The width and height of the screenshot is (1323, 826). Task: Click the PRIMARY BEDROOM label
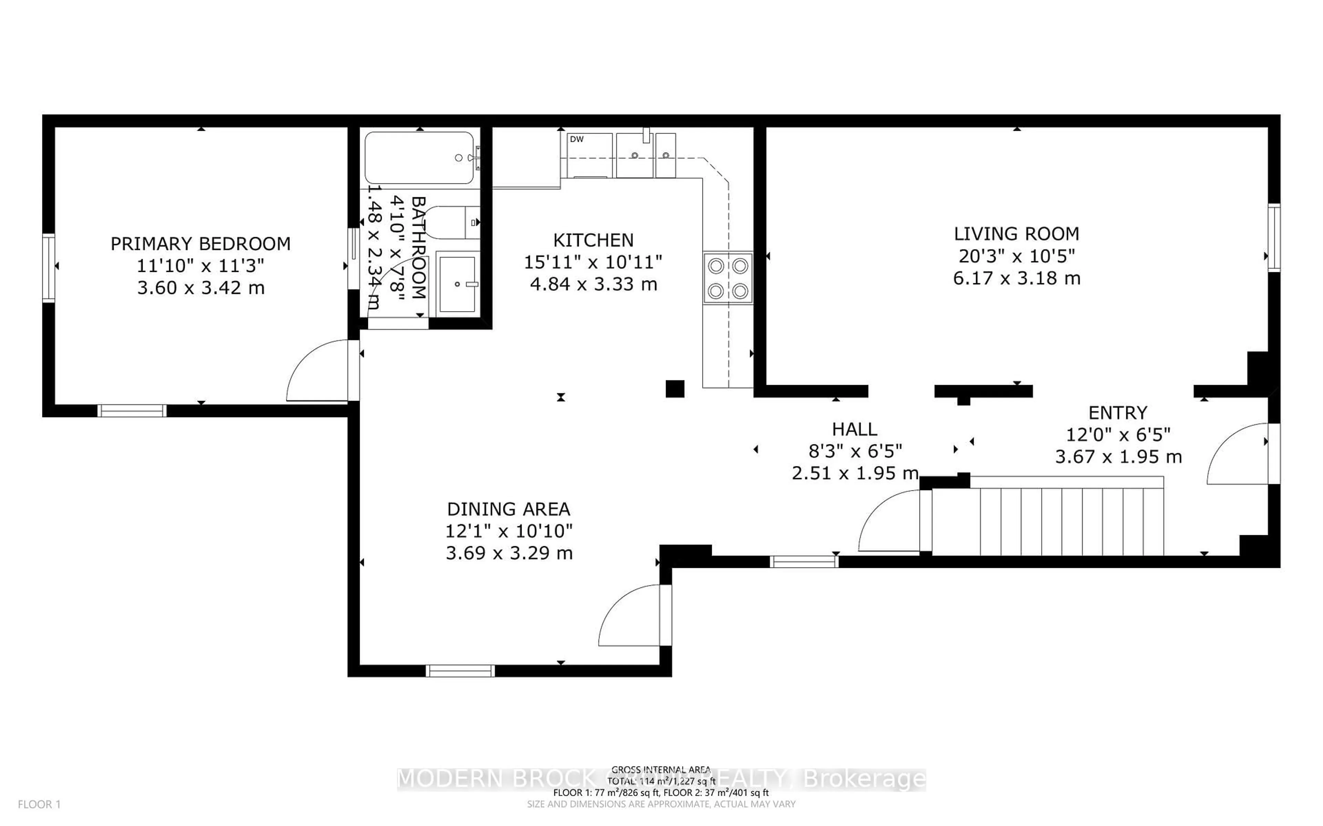[x=201, y=244]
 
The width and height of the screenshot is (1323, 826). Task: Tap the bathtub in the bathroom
[x=419, y=158]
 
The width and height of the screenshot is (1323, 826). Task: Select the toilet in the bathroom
[x=453, y=222]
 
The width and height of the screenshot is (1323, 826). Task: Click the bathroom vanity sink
[x=457, y=284]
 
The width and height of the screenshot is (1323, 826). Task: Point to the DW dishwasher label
[x=577, y=139]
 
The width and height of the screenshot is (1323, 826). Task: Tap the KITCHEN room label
[x=593, y=240]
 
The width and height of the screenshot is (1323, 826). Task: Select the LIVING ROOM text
[x=1016, y=234]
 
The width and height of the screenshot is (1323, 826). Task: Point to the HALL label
[x=854, y=430]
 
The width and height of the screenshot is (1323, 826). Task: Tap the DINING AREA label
[x=509, y=509]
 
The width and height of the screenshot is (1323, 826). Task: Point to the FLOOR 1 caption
[x=39, y=804]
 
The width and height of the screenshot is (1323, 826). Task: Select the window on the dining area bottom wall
[x=460, y=671]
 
